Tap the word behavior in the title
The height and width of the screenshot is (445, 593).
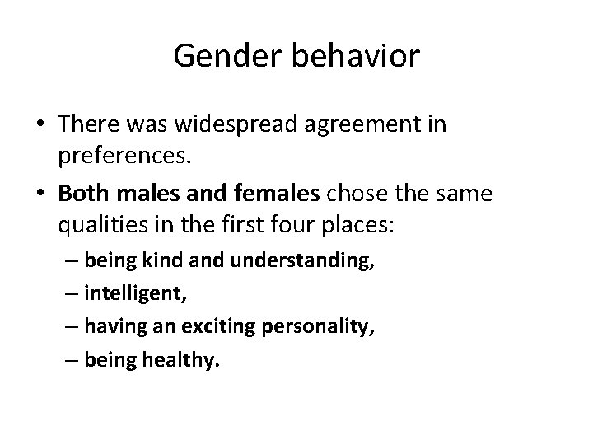[354, 57]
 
